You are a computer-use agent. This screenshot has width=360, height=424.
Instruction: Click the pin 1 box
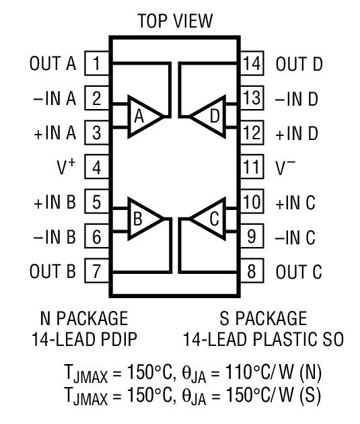point(97,64)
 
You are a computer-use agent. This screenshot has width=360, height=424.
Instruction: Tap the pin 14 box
point(252,64)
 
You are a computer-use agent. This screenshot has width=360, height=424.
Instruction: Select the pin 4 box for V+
point(97,168)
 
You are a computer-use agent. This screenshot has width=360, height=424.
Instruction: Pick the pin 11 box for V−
point(252,168)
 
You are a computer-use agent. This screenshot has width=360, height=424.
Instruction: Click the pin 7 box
point(97,272)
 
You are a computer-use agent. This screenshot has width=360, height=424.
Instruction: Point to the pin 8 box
point(252,272)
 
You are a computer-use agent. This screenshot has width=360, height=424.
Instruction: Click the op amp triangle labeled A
point(143,116)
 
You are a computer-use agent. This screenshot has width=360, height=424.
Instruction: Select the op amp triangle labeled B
point(142,219)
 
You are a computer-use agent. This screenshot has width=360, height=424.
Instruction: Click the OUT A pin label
point(52,64)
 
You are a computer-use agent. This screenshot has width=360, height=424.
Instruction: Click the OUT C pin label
point(299,272)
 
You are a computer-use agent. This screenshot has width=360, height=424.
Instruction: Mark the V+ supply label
point(66,168)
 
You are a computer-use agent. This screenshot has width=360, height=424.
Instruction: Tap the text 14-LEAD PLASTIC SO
point(262,339)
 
